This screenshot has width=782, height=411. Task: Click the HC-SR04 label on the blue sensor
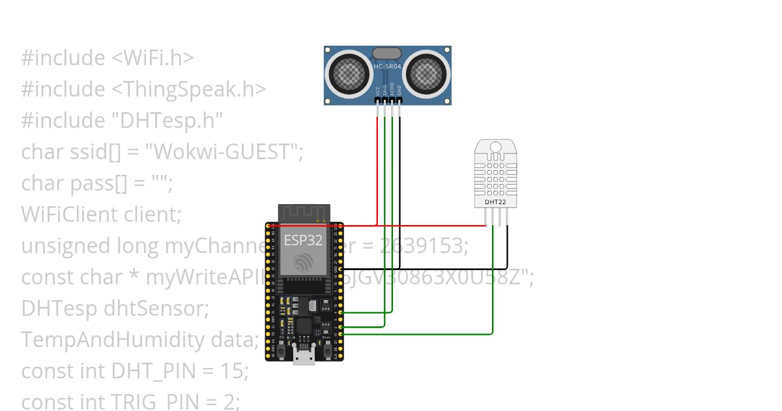coord(387,66)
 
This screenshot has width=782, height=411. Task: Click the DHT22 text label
coord(495,202)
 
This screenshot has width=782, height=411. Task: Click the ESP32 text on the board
coord(303,240)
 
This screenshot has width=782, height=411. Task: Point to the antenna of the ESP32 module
coord(304,213)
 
